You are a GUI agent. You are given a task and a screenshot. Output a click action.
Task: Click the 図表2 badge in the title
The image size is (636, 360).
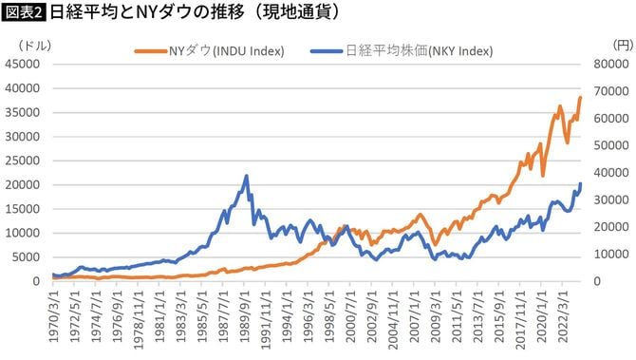(24, 13)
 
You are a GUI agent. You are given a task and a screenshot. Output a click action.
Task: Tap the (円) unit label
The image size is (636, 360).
(622, 44)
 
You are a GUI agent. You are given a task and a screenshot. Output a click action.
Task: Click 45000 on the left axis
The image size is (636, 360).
(23, 64)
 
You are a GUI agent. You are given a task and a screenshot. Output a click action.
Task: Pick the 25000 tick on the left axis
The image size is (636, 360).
(23, 161)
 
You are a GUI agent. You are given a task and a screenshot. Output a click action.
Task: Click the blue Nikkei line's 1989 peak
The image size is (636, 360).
(247, 176)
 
